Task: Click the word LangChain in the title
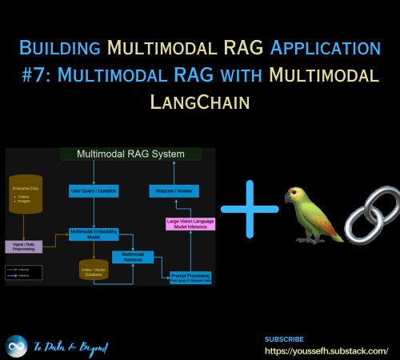click(200, 102)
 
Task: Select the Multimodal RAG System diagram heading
click(130, 153)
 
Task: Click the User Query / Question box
click(94, 190)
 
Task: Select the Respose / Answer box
click(174, 190)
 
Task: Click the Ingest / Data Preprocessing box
click(23, 246)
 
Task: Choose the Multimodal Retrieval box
click(131, 256)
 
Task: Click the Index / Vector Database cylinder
click(94, 271)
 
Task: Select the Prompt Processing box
click(190, 277)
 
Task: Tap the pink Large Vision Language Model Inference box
click(190, 223)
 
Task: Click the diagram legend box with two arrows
click(23, 272)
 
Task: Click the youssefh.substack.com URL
click(326, 350)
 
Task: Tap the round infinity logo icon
click(16, 346)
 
